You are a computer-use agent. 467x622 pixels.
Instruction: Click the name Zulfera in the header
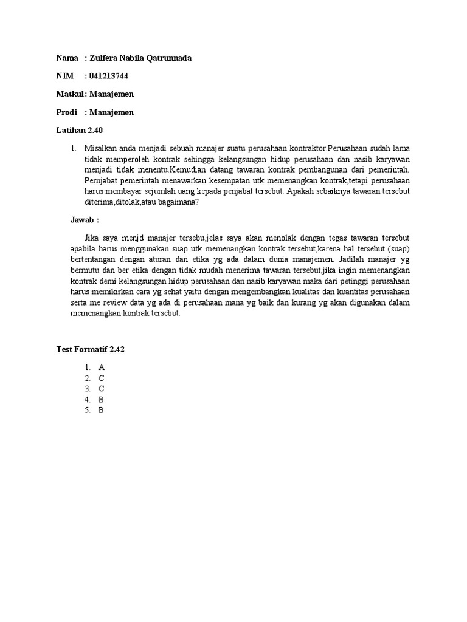point(106,58)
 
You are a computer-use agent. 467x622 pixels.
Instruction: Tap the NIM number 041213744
point(108,76)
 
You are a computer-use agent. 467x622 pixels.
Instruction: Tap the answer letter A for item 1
point(102,367)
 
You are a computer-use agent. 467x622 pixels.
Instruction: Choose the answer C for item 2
point(102,378)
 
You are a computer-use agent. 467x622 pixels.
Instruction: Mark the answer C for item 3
point(102,389)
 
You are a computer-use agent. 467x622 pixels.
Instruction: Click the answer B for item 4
point(102,400)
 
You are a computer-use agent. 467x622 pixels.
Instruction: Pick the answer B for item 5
point(102,410)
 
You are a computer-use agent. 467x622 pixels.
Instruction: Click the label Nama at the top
point(67,58)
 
